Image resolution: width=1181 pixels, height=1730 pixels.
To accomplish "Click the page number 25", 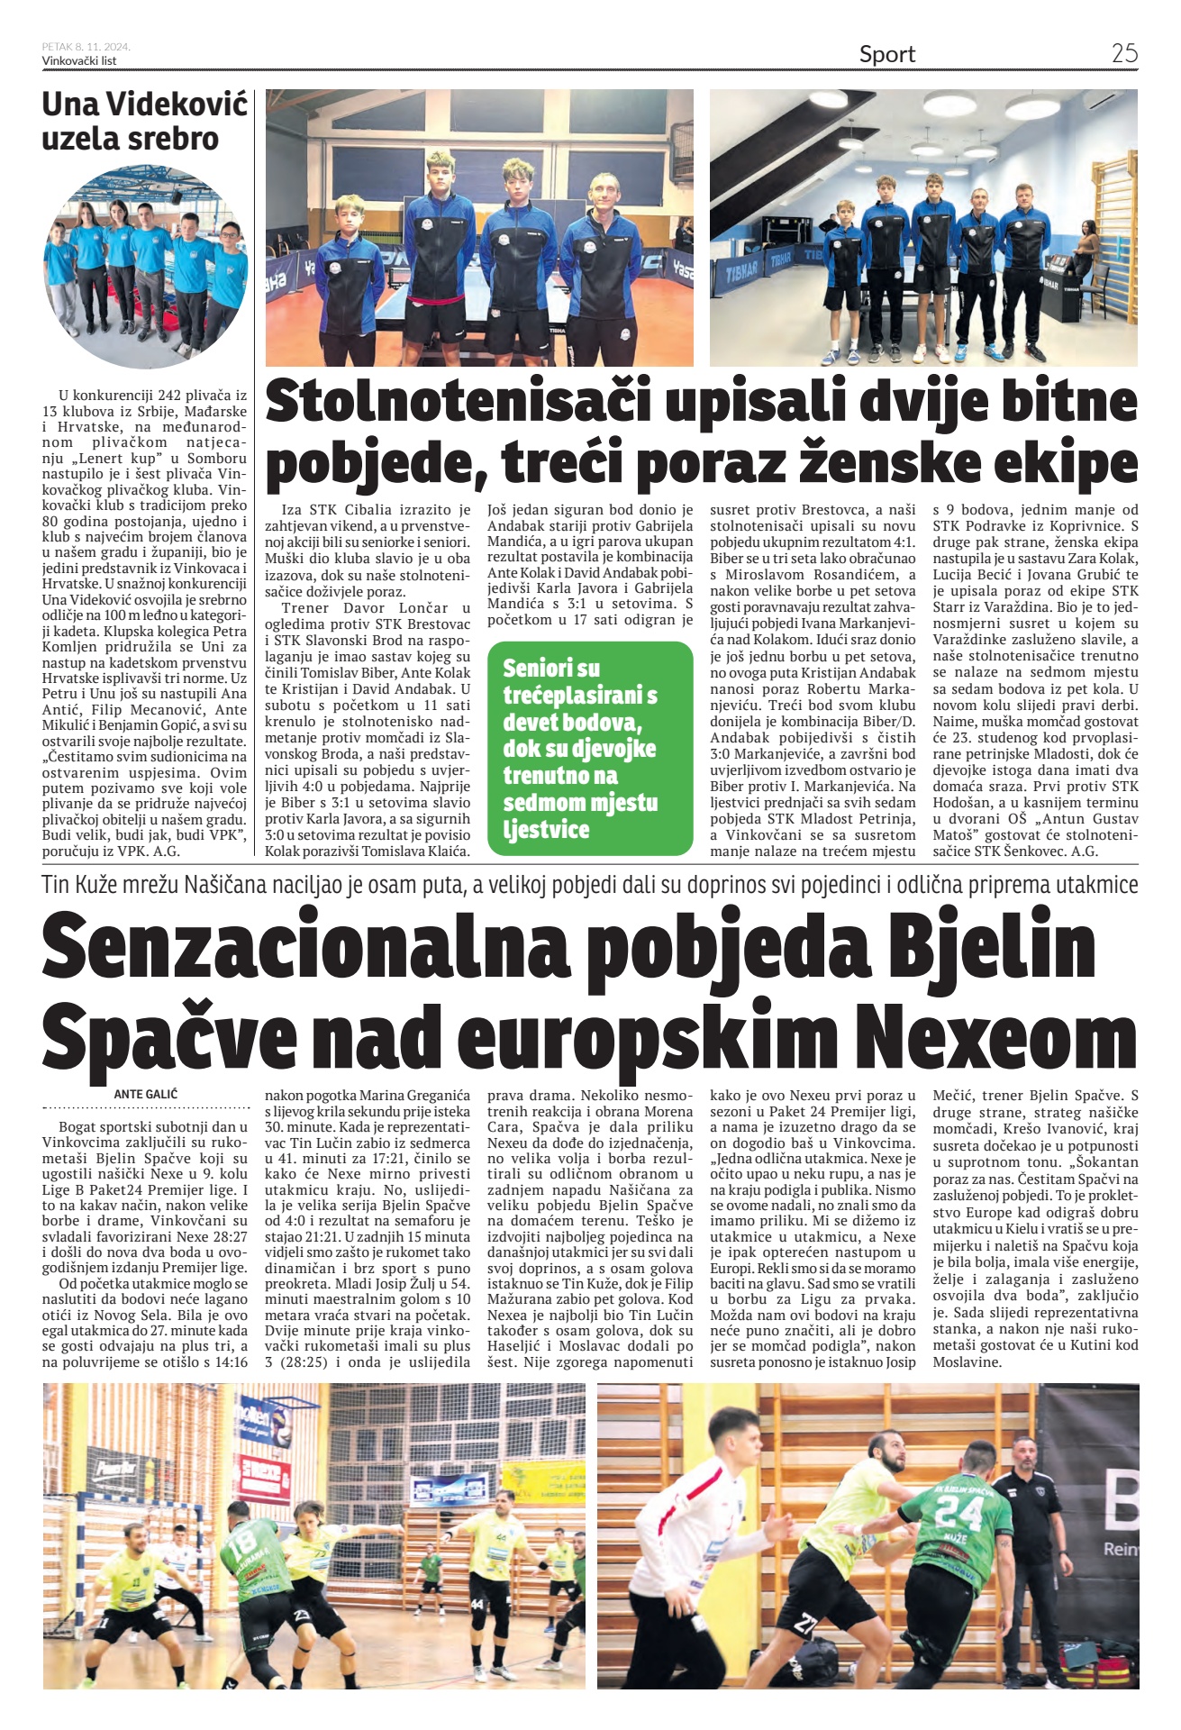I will pos(1123,53).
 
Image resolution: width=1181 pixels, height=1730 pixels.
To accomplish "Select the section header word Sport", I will pos(886,55).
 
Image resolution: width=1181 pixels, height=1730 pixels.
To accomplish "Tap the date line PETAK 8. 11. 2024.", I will pos(86,47).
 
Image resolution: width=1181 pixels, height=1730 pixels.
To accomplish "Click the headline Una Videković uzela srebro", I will pos(144,122).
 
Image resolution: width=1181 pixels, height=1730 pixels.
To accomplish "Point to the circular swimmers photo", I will pos(145,267).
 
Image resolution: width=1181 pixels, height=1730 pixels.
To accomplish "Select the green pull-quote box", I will pos(589,748).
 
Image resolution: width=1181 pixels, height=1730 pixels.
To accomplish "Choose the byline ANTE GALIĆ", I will pos(146,1094).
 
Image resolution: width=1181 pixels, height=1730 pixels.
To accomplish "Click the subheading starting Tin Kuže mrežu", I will pos(589,885).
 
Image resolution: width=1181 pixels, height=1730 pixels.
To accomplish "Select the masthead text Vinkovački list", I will pos(79,60).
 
